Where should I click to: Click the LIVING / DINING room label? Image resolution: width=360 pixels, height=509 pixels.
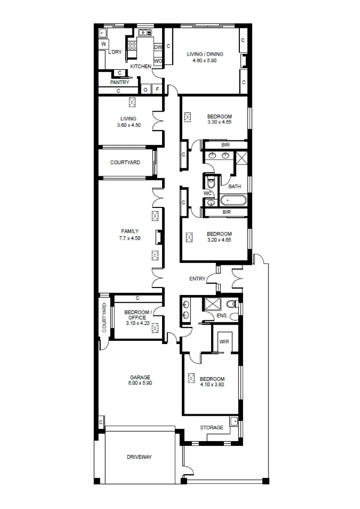point(205,54)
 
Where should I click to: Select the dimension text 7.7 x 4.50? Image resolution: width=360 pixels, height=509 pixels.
point(130,238)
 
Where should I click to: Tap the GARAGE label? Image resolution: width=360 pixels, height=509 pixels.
point(140,377)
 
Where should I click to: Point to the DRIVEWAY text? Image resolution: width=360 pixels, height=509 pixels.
point(139,457)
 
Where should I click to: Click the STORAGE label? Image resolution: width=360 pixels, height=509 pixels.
point(212,427)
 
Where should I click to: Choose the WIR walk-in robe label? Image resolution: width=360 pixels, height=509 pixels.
point(224,342)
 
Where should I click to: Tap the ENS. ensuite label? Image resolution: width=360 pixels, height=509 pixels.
point(222,315)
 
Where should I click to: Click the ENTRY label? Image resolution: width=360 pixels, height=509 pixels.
point(197,279)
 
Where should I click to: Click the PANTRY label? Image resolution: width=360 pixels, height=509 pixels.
point(119,82)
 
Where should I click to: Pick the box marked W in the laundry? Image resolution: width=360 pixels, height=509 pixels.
point(103,44)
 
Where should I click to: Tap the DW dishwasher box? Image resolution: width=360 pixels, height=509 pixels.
point(158,47)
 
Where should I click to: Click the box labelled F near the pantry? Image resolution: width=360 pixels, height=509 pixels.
point(157,90)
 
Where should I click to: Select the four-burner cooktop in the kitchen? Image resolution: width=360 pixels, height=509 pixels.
point(132,46)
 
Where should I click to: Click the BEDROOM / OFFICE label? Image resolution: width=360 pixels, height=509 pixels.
point(138,315)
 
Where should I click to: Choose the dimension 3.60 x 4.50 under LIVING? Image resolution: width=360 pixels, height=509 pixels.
point(129,125)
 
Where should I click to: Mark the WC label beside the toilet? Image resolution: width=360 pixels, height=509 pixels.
point(207,193)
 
